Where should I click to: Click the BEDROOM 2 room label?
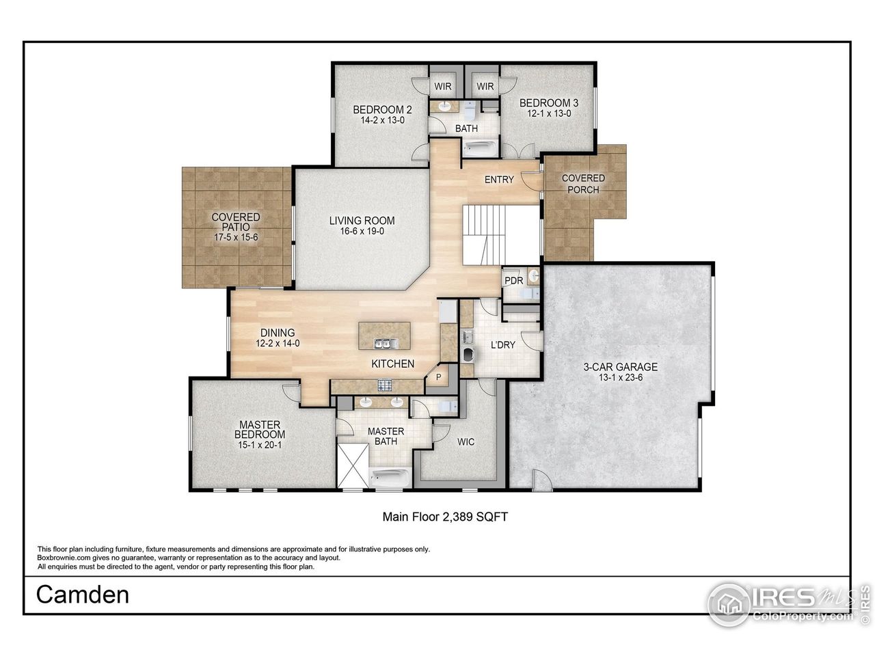pos(382,109)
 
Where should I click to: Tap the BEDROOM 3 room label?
pos(548,103)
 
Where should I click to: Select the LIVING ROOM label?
pos(362,221)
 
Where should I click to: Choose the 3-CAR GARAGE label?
pos(620,367)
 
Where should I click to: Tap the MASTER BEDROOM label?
pos(260,430)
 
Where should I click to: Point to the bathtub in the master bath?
pos(390,477)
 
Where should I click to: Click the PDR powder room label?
pos(513,281)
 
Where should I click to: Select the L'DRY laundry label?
pos(503,344)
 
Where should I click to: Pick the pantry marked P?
pos(438,377)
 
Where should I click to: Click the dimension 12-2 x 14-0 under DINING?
pos(278,344)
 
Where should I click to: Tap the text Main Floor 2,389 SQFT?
pos(444,517)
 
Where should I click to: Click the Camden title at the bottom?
pos(83,594)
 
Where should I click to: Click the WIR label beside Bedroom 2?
pos(443,87)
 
